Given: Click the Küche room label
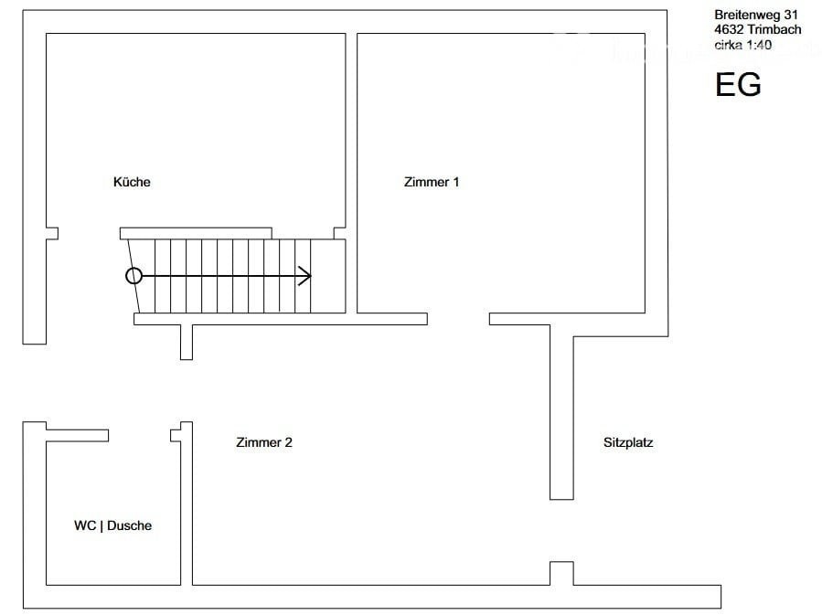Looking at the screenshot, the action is click(132, 182).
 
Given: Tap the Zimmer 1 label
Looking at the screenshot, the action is click(432, 182).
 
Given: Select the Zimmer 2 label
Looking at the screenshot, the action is click(264, 442).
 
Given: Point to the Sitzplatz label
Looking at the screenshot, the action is click(628, 442).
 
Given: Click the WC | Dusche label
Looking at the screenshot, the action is click(112, 525).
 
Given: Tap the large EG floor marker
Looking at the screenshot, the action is click(738, 84).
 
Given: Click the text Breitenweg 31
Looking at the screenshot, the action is click(756, 16).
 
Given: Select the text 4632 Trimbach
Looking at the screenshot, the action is click(757, 30).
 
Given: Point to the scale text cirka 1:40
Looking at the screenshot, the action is click(742, 45).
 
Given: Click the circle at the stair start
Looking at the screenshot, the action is click(134, 276).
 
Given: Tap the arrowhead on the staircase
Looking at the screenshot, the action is click(305, 276).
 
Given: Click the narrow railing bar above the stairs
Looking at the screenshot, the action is click(196, 234).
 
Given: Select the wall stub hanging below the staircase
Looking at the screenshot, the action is click(187, 342).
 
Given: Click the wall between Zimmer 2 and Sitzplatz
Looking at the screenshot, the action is click(561, 412).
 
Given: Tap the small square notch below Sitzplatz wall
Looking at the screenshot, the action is click(561, 574).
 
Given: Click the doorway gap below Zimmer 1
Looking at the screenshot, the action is click(458, 319).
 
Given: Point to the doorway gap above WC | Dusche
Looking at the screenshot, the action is click(140, 435).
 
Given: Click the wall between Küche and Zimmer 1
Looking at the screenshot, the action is click(351, 174).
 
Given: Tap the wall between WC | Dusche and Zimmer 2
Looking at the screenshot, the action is click(187, 504).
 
